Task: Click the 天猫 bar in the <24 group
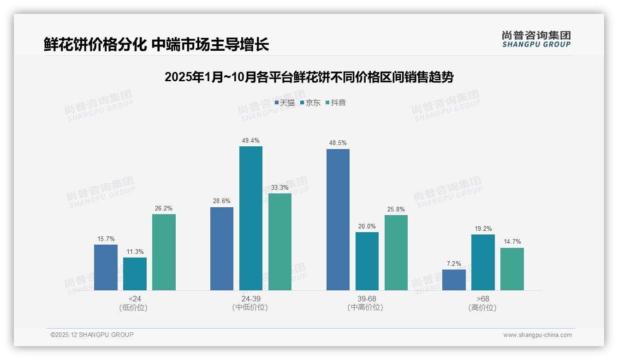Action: (x=106, y=267)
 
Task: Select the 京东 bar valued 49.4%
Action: (x=250, y=218)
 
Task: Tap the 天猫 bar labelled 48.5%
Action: (x=338, y=220)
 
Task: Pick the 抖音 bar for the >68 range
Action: (x=512, y=269)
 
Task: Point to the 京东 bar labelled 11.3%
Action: (x=135, y=274)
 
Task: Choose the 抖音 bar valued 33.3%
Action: (x=280, y=242)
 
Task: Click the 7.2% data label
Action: (x=454, y=264)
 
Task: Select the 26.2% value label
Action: (x=164, y=208)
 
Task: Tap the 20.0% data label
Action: (x=367, y=226)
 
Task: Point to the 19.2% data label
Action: (x=483, y=228)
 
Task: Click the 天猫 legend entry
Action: (x=285, y=102)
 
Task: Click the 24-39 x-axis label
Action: (x=250, y=299)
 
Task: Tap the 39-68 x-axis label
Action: (x=367, y=299)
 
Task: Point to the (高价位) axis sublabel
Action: (x=482, y=307)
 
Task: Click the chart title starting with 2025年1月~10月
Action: (x=309, y=77)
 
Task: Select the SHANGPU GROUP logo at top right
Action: (x=536, y=39)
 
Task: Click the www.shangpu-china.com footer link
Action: (x=537, y=335)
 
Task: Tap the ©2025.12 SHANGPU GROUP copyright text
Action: (x=92, y=335)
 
